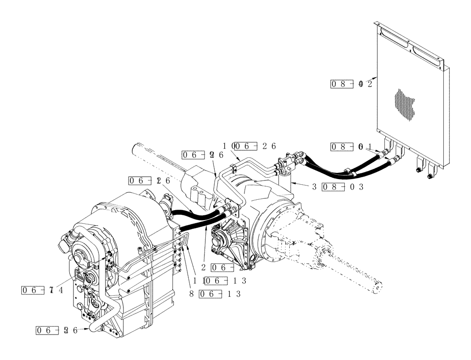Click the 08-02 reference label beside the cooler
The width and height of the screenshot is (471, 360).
[351, 84]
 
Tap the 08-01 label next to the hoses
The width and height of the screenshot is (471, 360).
[351, 147]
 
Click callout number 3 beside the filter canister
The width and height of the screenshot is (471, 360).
[314, 187]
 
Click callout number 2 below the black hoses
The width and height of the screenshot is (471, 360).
[203, 267]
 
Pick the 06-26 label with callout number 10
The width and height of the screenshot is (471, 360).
[254, 146]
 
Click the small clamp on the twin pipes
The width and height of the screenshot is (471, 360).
[234, 168]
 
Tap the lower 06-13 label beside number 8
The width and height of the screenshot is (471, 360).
[220, 294]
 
